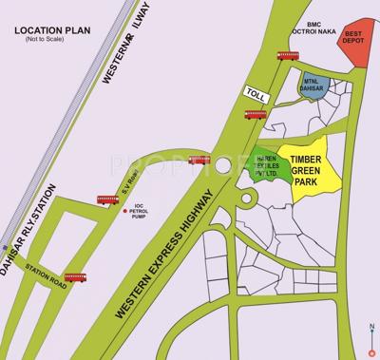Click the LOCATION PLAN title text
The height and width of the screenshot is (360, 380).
click(x=53, y=31)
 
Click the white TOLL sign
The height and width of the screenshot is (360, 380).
click(x=255, y=94)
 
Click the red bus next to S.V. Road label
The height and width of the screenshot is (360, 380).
click(x=107, y=200)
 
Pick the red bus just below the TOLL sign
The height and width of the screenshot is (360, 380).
click(x=255, y=115)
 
